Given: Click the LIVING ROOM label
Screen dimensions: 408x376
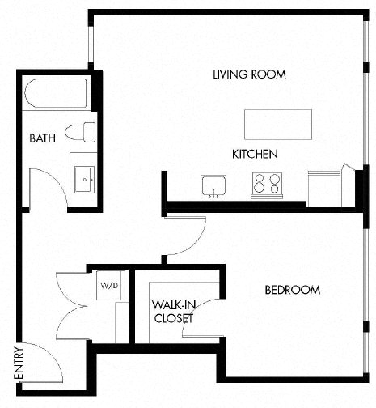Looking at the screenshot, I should click(250, 74).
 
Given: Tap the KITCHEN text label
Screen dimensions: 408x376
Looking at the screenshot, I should click(255, 154).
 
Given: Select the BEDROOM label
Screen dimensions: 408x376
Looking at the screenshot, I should click(293, 290).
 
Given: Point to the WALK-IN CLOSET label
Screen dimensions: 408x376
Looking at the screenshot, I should click(173, 312).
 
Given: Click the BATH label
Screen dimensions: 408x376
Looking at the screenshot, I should click(42, 138).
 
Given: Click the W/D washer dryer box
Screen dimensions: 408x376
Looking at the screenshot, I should click(108, 286).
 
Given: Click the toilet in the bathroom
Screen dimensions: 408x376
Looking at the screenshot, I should click(80, 131).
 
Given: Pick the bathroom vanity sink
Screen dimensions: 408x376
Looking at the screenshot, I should click(84, 178).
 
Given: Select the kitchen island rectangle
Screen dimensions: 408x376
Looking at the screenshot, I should click(278, 125).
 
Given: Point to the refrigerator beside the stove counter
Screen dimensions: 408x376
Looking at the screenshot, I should click(327, 185).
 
